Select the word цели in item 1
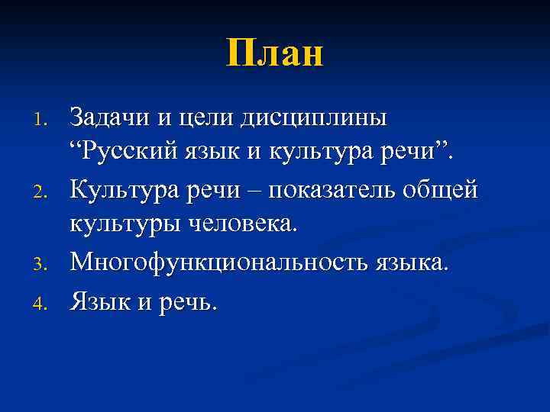tap(203, 120)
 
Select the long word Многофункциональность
tap(218, 263)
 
